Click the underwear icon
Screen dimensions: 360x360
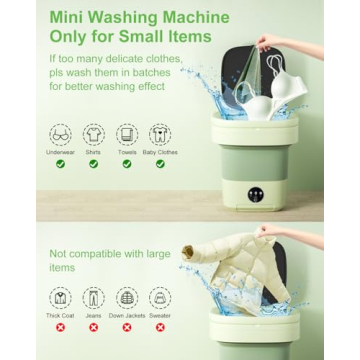click(60, 134)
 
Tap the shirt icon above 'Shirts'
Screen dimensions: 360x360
click(93, 134)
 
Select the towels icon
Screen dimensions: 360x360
click(127, 134)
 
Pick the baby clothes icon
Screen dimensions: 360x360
click(160, 134)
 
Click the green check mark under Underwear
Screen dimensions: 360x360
click(60, 164)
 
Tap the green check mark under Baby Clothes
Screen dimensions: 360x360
click(160, 164)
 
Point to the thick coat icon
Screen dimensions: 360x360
click(60, 297)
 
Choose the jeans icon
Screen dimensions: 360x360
click(93, 297)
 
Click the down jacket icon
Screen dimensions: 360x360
click(127, 297)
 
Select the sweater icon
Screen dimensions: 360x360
click(160, 297)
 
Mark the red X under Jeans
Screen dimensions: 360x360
click(93, 327)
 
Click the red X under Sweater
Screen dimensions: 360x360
click(160, 327)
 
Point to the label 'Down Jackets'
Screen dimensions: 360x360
click(127, 316)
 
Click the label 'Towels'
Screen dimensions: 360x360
click(127, 152)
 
